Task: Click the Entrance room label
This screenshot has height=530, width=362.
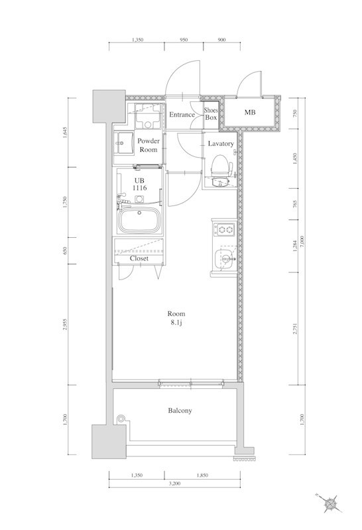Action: (x=182, y=115)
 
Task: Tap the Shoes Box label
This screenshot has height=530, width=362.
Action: (x=211, y=114)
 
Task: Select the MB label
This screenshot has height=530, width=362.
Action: (x=250, y=112)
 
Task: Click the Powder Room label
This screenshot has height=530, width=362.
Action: (x=149, y=145)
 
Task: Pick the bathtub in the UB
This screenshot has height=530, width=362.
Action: (x=139, y=219)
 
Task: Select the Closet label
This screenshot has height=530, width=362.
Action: (x=139, y=258)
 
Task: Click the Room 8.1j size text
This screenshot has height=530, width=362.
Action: (x=176, y=323)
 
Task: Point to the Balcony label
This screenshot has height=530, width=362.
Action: (x=180, y=411)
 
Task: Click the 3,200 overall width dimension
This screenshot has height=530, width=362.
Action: (x=174, y=484)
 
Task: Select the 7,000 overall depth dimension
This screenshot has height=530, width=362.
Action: (x=302, y=242)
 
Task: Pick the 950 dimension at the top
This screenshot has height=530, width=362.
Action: (x=184, y=40)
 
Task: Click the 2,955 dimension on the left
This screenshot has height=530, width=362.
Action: (x=65, y=325)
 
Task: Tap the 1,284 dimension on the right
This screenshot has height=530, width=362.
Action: (x=294, y=246)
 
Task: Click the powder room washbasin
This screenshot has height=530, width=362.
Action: (x=124, y=143)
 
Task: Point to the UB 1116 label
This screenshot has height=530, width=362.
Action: (x=139, y=184)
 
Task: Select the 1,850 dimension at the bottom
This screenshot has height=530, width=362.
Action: (x=202, y=475)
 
